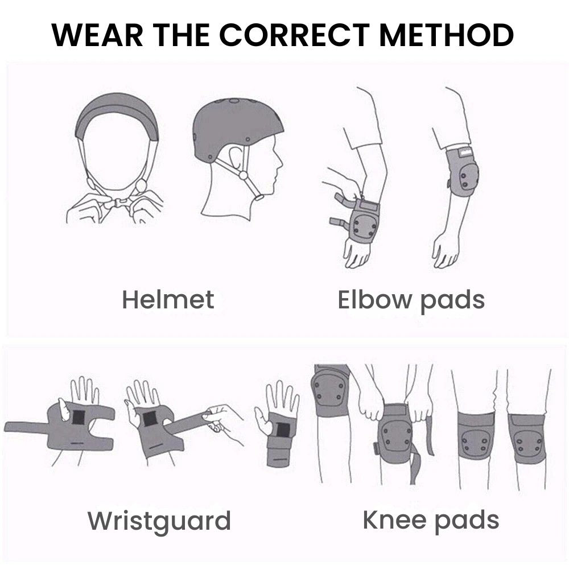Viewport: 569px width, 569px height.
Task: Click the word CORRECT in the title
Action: pyautogui.click(x=294, y=35)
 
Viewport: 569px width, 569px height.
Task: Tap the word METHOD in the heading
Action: pyautogui.click(x=446, y=35)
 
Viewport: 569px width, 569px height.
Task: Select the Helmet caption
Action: pyautogui.click(x=168, y=300)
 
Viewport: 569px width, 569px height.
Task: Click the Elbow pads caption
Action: pyautogui.click(x=411, y=301)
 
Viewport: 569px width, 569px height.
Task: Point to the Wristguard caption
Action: pyautogui.click(x=159, y=522)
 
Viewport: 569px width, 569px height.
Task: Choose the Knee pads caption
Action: pyautogui.click(x=431, y=521)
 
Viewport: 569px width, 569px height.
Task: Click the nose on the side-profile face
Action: pyautogui.click(x=279, y=163)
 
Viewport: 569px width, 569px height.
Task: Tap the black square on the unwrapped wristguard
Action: pyautogui.click(x=78, y=417)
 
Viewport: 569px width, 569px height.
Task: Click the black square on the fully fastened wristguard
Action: pyautogui.click(x=283, y=430)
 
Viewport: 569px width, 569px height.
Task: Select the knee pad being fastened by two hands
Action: pyautogui.click(x=395, y=434)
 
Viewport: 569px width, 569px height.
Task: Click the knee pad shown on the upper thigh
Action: pyautogui.click(x=329, y=391)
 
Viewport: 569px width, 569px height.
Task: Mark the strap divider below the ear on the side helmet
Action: pyautogui.click(x=244, y=176)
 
